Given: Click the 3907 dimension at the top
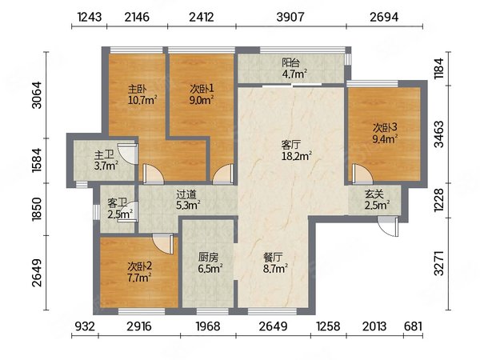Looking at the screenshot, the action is (x=290, y=17).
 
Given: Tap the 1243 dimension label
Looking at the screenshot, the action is (x=90, y=17).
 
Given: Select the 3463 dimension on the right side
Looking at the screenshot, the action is (x=438, y=134).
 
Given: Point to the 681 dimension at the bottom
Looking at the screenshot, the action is (x=413, y=326).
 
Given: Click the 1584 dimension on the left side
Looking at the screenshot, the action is (x=37, y=159).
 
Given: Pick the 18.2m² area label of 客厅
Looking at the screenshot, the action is (x=297, y=156).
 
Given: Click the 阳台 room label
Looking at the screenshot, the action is (x=290, y=62).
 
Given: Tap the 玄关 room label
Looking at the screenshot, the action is (x=374, y=194).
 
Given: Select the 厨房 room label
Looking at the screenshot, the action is (x=208, y=257).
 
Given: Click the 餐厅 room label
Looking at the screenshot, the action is (x=273, y=257).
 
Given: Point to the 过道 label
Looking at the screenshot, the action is (x=186, y=194).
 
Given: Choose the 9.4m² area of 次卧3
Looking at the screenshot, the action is (x=385, y=139).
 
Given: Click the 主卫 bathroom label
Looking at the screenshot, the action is (x=104, y=154).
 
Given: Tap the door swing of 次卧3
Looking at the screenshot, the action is (x=362, y=174).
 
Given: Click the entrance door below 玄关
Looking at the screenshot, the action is (x=387, y=226).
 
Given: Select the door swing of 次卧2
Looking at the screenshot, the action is (x=163, y=244).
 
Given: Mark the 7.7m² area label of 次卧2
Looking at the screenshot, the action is (x=139, y=278).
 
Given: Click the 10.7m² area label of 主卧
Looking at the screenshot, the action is (x=142, y=100).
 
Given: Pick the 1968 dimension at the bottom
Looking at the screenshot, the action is (x=208, y=326).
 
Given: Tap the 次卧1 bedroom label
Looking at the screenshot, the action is (x=202, y=89).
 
